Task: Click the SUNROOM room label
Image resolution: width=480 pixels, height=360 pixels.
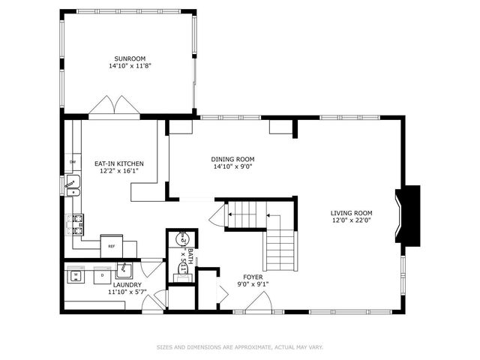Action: [129, 58]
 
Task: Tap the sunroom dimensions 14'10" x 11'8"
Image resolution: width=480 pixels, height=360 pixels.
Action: [129, 66]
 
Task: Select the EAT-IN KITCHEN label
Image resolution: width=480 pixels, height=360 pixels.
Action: [118, 163]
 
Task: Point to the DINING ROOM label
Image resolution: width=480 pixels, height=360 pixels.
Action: [232, 159]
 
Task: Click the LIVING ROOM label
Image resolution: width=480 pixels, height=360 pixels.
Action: [351, 213]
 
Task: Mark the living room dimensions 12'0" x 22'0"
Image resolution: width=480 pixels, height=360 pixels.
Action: [351, 220]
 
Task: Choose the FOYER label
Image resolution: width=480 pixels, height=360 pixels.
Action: [253, 277]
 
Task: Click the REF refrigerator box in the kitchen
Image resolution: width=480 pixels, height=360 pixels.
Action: [111, 244]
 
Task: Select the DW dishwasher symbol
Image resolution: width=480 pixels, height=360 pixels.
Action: [73, 162]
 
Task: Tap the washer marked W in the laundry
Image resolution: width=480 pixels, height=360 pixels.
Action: [76, 275]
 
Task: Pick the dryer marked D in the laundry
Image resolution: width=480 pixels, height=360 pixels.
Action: [101, 275]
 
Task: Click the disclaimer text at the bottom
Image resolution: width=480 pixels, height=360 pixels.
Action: [239, 346]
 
